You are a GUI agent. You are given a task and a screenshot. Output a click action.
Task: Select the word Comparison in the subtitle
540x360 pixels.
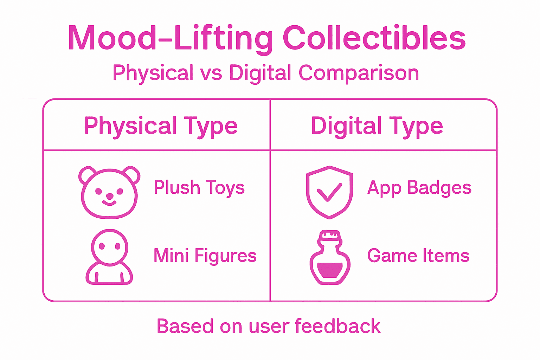[359, 73]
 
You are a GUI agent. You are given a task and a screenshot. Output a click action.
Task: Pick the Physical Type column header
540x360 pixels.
[161, 126]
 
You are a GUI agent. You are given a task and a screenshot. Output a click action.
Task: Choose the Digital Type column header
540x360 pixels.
[377, 126]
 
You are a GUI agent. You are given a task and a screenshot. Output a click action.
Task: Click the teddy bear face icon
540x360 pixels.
[109, 192]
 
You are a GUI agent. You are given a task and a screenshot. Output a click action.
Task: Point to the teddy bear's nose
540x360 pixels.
[109, 196]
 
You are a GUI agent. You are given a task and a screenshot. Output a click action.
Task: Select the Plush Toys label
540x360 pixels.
[199, 187]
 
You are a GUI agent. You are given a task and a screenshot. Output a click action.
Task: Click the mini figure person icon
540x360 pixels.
[109, 257]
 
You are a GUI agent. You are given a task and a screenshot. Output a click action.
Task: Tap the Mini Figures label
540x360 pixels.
[205, 256]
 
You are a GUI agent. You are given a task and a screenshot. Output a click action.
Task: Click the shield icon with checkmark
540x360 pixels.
[329, 192]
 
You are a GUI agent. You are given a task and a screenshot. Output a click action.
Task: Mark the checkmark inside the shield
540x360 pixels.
[329, 192]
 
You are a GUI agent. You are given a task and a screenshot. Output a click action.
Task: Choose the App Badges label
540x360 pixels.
[419, 187]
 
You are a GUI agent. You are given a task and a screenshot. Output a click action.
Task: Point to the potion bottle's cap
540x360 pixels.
[330, 236]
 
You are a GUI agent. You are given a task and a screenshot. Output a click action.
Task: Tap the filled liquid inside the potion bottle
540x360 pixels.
[330, 270]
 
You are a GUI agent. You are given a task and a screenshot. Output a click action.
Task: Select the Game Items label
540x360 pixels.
[418, 256]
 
